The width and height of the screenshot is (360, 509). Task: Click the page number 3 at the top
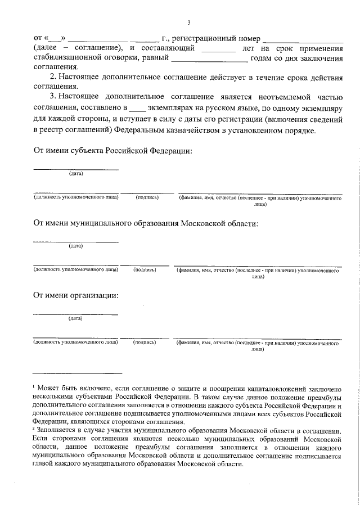[x=189, y=23]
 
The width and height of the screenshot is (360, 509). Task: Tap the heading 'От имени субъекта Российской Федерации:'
[x=113, y=151]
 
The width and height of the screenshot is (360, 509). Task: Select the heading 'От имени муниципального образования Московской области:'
[x=146, y=223]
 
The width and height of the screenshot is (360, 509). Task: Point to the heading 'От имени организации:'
[x=76, y=295]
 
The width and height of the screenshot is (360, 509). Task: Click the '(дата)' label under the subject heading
[x=76, y=173]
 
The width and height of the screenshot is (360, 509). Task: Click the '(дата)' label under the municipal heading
[x=76, y=246]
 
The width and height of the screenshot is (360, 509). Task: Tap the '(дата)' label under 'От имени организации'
[x=76, y=318]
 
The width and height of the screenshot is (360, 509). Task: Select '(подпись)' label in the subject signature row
[x=147, y=197]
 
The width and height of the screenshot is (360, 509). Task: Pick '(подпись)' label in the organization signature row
[x=145, y=341]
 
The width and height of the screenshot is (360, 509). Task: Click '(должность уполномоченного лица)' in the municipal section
[x=75, y=270]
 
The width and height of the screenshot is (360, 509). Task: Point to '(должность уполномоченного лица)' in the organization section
[x=75, y=341]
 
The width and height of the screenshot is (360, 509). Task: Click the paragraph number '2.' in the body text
[x=53, y=76]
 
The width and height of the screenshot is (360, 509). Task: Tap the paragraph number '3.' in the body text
[x=53, y=96]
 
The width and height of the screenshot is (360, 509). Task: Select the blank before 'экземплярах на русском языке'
[x=137, y=107]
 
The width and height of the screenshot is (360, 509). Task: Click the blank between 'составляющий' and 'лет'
[x=218, y=49]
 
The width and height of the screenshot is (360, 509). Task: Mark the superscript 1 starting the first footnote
[x=34, y=387]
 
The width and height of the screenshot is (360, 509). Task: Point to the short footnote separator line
[x=77, y=372]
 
